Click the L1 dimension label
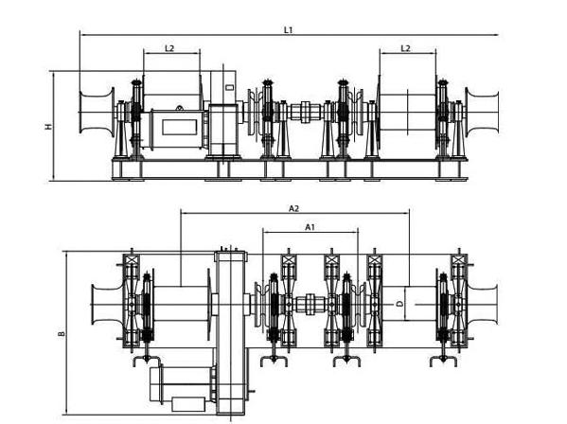(x=288, y=30)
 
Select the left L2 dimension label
(x=169, y=48)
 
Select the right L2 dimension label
(x=405, y=48)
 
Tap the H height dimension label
(x=48, y=127)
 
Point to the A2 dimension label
(x=293, y=208)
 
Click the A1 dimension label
(x=310, y=227)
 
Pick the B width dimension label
(x=62, y=333)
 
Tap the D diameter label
(x=399, y=304)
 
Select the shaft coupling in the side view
(x=306, y=112)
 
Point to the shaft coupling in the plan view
(x=310, y=304)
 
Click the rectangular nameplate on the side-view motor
(x=179, y=127)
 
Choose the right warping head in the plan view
(x=483, y=304)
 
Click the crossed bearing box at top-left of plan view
(x=131, y=260)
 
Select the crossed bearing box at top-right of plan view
(x=458, y=260)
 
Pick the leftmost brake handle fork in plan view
(x=147, y=361)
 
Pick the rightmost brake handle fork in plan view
(x=444, y=361)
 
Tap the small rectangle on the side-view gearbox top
(x=229, y=87)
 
